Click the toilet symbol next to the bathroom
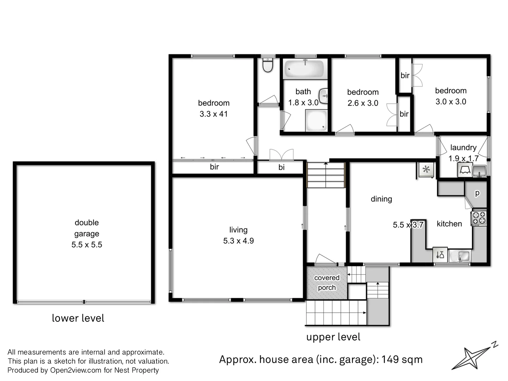coord(268,65)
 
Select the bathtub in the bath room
coord(304,69)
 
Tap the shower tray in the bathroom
coord(316,120)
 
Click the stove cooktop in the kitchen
coord(479,218)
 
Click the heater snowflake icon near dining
coord(426,170)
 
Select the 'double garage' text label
coord(87,228)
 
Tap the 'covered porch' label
coord(327,283)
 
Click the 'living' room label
coord(238,230)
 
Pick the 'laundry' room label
coord(463,147)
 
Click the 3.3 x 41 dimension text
coord(213,114)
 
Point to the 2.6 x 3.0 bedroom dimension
coord(363,103)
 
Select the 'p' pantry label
coord(477,193)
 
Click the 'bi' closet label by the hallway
coord(281,168)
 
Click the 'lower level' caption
coord(78,318)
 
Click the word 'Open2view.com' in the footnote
coord(76,370)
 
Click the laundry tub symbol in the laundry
coord(479,171)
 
